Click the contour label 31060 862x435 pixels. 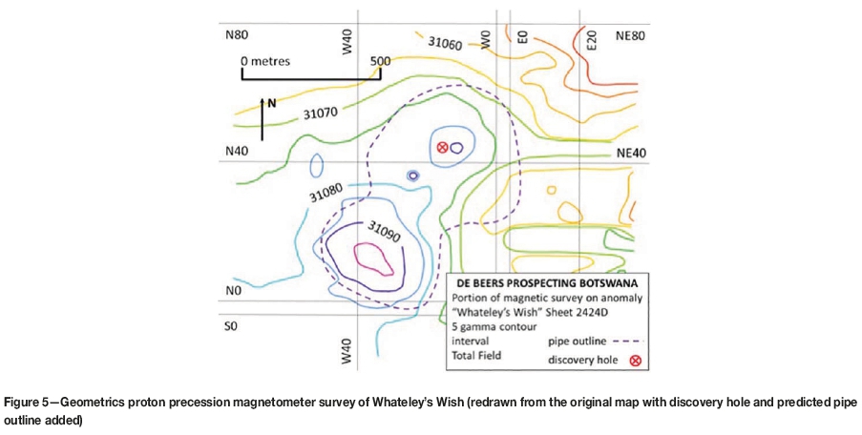tap(445, 43)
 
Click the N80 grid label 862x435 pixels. tap(236, 34)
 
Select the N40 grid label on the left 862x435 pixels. tap(236, 151)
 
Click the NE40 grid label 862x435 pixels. tap(631, 151)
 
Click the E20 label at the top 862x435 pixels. tap(592, 39)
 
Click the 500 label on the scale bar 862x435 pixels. tap(380, 61)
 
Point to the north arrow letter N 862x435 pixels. tap(271, 104)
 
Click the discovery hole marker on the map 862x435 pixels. tap(442, 148)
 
